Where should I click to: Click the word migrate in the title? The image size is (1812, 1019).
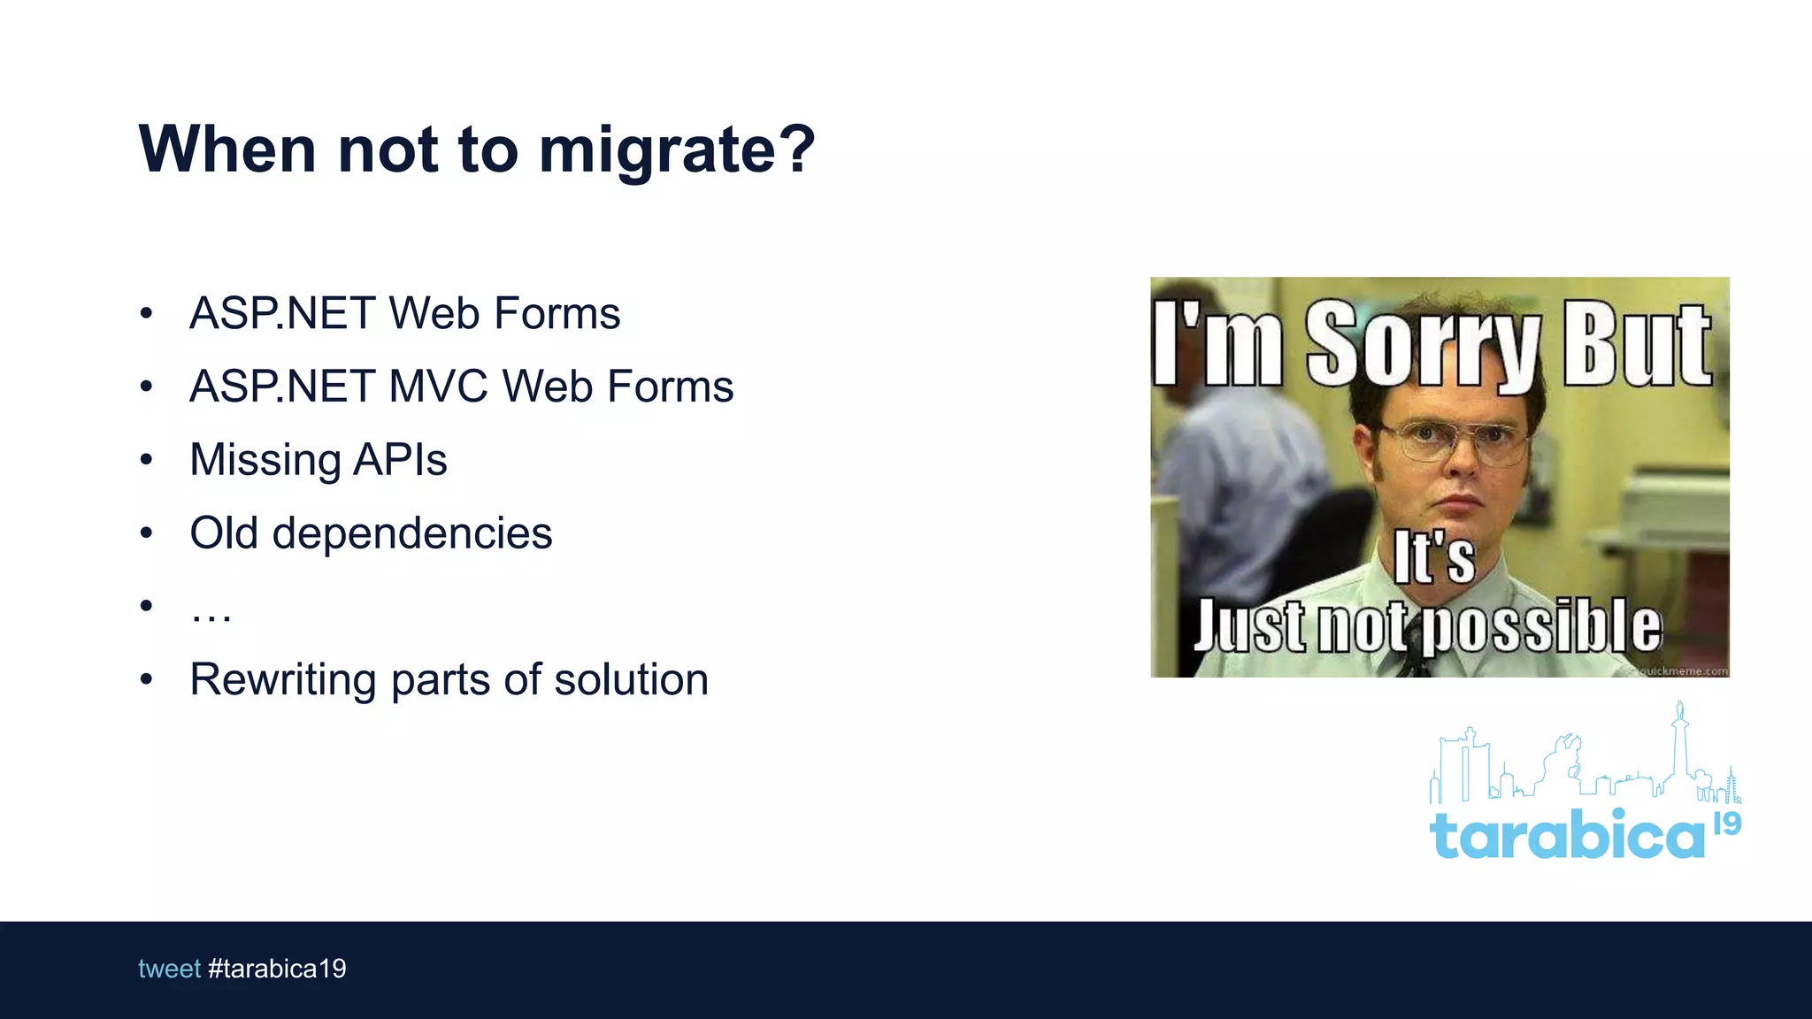click(x=657, y=150)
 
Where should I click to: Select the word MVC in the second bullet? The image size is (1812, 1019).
click(x=438, y=387)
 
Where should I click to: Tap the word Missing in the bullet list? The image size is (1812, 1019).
click(x=265, y=460)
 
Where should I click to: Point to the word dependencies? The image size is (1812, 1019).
click(x=411, y=533)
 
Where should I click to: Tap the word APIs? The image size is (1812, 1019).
click(x=400, y=460)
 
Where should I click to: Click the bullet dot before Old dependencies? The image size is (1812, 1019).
click(x=147, y=532)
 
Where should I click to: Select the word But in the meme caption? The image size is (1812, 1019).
click(x=1637, y=345)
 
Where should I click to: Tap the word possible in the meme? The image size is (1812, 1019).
click(x=1546, y=626)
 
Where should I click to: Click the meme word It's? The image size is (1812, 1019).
click(x=1434, y=558)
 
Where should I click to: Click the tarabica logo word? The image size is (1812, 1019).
click(x=1566, y=834)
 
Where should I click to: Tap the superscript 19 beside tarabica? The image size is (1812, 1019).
click(x=1727, y=824)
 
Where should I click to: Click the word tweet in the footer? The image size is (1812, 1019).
click(x=169, y=969)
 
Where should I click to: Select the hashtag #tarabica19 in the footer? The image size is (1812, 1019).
click(x=277, y=969)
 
